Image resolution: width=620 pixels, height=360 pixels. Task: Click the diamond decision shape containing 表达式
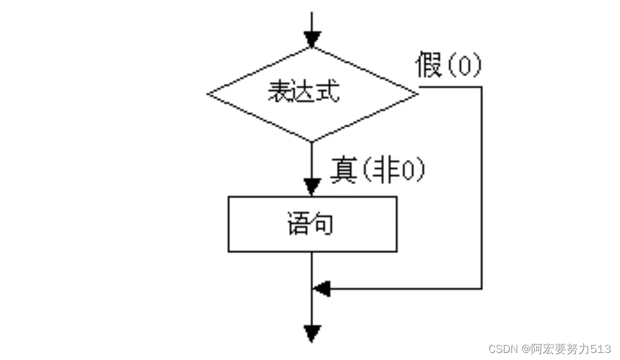312,93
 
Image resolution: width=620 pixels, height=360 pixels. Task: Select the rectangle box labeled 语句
312,224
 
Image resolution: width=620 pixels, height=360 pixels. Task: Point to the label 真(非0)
378,172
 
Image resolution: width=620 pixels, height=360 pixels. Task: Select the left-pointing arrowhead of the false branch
322,289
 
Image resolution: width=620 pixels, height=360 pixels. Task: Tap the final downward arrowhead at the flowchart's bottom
312,333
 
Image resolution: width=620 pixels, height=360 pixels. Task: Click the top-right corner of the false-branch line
482,87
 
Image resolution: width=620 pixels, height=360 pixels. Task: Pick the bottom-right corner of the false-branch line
482,289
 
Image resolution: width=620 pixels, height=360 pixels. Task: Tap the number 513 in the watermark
601,348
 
